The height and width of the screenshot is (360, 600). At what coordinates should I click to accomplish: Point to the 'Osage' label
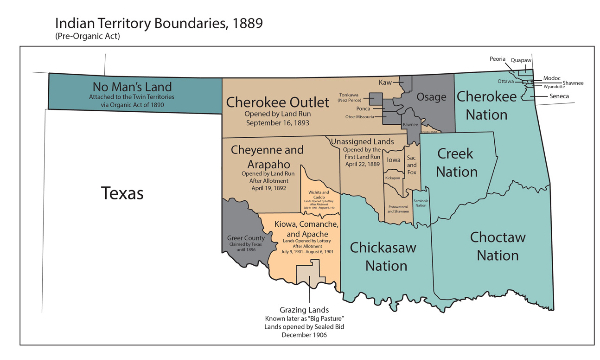point(431,96)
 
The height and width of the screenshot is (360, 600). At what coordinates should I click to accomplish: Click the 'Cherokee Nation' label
point(495,105)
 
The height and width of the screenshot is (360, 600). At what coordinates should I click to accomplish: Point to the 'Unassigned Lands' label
point(366,143)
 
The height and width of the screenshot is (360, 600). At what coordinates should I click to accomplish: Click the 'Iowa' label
point(393,158)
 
